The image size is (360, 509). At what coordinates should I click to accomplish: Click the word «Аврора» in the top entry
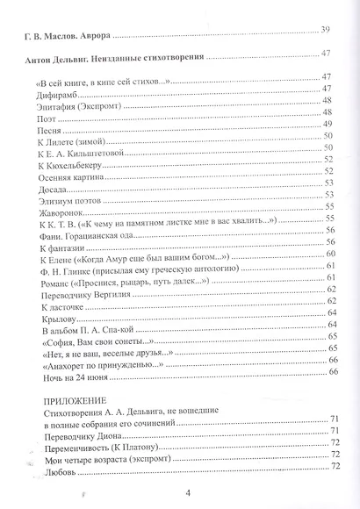[93, 36]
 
